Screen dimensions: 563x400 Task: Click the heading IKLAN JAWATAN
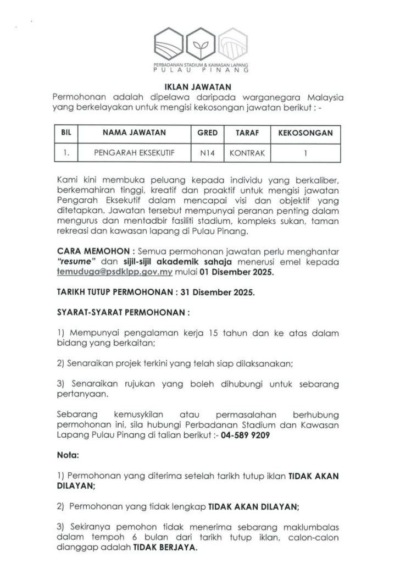(x=199, y=86)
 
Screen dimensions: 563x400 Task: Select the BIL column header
(x=66, y=133)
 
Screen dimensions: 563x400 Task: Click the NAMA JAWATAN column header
(x=134, y=133)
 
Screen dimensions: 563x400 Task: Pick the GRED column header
(x=207, y=133)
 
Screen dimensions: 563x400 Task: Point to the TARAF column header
(x=244, y=133)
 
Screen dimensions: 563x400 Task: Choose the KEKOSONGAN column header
(x=305, y=133)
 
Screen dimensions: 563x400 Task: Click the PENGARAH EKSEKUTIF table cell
(x=134, y=153)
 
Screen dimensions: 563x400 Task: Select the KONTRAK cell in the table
(x=244, y=153)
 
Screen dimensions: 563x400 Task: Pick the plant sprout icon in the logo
(x=200, y=46)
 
